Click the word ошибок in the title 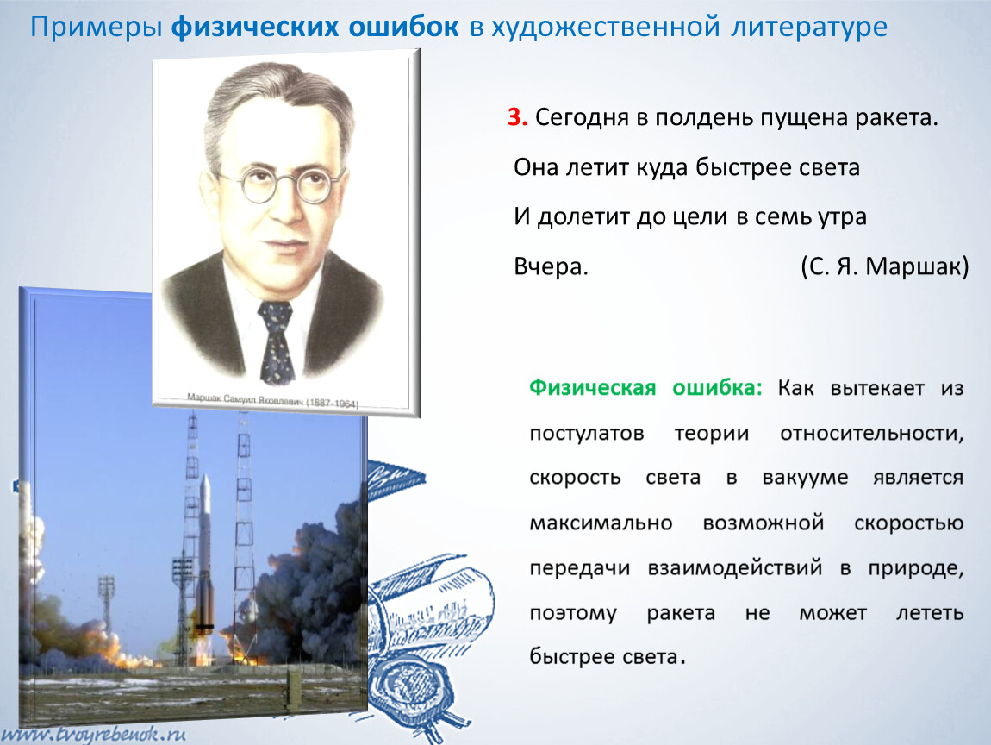pos(403,28)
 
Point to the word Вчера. pos(551,266)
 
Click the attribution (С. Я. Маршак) pos(884,266)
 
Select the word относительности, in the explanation pos(871,433)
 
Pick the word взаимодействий pos(730,568)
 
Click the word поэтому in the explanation pos(573,613)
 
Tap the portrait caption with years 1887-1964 pos(272,402)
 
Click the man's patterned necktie pos(276,341)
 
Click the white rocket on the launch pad pos(204,552)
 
